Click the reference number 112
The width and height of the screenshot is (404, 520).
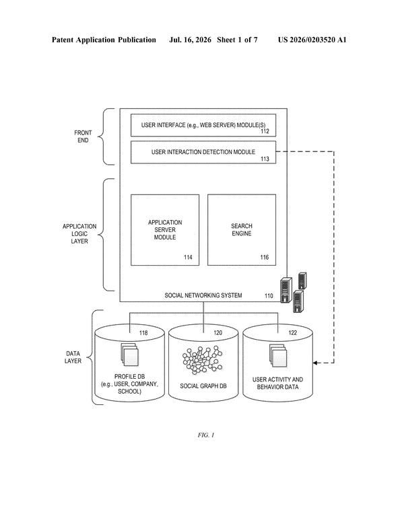pos(265,131)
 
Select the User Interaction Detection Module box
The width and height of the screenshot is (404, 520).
pos(203,152)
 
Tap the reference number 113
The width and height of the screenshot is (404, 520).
pos(265,159)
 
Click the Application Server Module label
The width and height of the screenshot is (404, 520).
pos(165,230)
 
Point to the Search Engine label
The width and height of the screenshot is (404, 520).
pos(242,229)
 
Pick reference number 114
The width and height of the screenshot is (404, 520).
pos(188,258)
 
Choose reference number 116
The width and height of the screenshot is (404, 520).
pos(264,258)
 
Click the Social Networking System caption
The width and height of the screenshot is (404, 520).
pos(203,295)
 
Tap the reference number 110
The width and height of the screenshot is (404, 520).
pos(269,296)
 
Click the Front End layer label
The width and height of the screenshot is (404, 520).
pos(83,137)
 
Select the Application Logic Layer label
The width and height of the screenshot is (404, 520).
pos(79,234)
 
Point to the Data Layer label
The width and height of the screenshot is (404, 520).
pos(73,357)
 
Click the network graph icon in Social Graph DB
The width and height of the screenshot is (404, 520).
pos(202,360)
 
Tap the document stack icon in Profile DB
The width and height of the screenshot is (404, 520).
pos(129,355)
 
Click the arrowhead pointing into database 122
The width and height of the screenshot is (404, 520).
pos(315,363)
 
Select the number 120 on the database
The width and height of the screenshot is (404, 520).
pos(217,333)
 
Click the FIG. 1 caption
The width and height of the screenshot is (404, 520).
pos(206,435)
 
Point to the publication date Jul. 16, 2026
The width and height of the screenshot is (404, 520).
pos(190,40)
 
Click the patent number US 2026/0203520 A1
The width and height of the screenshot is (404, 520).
pos(312,40)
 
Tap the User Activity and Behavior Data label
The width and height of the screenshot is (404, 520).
pos(277,383)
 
